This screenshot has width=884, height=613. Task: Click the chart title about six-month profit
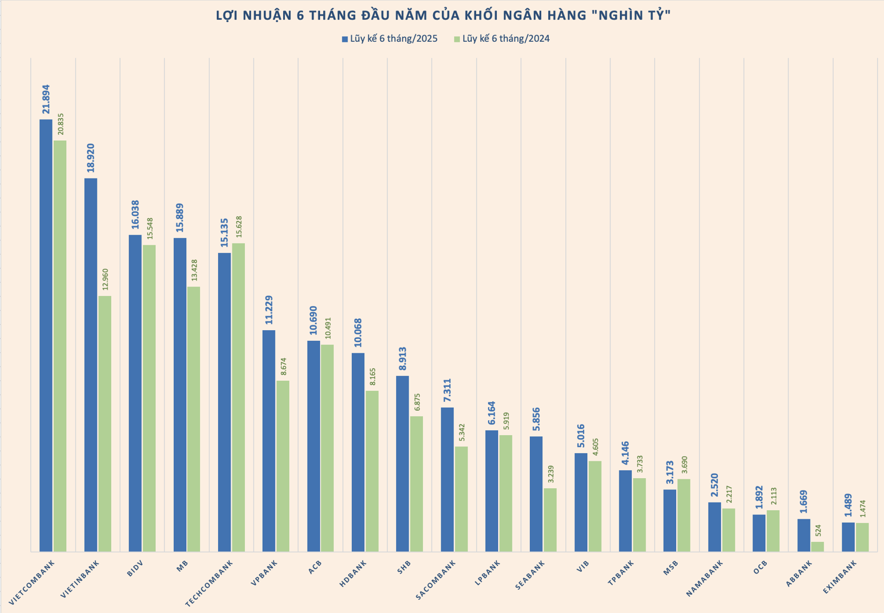pos(443,16)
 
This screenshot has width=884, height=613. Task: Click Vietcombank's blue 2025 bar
pos(46,334)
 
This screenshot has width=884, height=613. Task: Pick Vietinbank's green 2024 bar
pos(105,424)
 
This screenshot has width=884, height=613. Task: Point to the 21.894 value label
pos(46,99)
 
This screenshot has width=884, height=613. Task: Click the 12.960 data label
pos(105,279)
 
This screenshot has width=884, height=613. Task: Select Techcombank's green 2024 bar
pos(238,397)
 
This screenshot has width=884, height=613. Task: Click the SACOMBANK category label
pos(436,580)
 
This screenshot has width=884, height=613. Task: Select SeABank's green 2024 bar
pos(550,520)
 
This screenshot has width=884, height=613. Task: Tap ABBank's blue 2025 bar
pos(804,535)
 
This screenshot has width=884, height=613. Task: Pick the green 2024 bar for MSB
pos(683,515)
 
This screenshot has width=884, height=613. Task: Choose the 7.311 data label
pos(447,390)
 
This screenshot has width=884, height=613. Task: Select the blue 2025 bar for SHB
pos(403,463)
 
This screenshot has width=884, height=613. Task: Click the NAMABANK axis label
pos(705,578)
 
